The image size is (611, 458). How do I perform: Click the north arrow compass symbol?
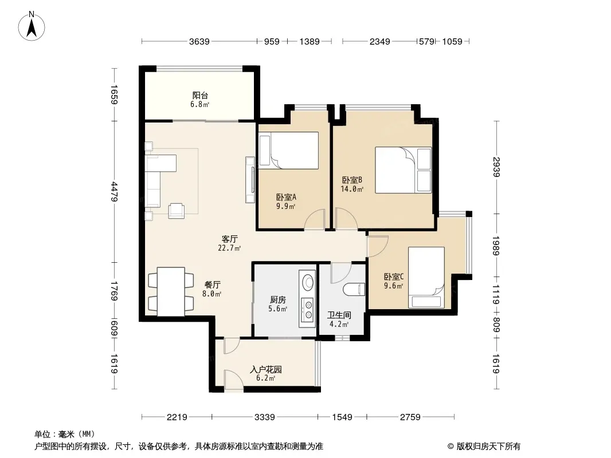[x=32, y=26]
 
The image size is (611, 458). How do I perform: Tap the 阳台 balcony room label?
[x=200, y=96]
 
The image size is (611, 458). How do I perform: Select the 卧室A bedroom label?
[x=286, y=198]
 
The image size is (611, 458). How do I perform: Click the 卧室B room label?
[x=352, y=180]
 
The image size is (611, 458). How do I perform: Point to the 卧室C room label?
[x=394, y=277]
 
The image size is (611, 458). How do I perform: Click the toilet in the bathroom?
[x=354, y=290]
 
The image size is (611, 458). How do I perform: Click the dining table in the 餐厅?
[x=171, y=291]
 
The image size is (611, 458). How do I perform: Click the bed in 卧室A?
[x=288, y=150]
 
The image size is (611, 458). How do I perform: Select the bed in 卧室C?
[x=426, y=278]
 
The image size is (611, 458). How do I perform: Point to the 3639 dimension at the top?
[x=199, y=41]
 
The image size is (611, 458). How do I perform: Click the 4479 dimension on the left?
[x=115, y=191]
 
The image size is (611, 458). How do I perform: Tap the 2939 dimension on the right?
[x=496, y=167]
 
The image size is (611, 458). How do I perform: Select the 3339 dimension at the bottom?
[x=265, y=417]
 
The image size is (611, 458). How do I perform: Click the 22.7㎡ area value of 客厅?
[x=229, y=248]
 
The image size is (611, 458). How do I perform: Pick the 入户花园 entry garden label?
[x=266, y=369]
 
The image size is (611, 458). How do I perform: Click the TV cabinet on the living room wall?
[x=250, y=180]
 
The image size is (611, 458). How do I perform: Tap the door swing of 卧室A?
[x=314, y=219]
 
